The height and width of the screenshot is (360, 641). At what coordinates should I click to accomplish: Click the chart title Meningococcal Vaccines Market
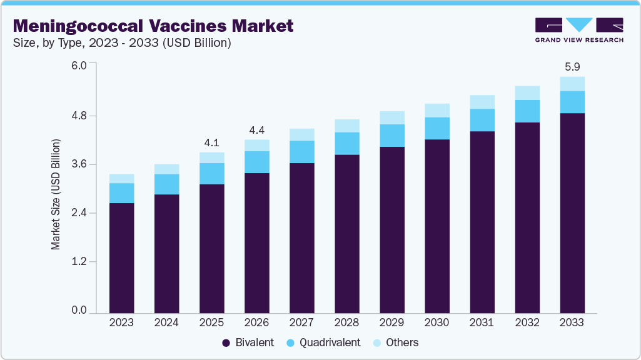coord(153,26)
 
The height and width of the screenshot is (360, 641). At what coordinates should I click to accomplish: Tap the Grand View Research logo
coord(579,29)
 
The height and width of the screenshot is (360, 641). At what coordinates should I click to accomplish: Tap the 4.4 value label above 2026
coord(256,130)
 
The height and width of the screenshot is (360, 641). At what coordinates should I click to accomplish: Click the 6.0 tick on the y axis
coord(79,65)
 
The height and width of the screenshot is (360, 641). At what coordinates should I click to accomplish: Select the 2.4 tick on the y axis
coord(79,213)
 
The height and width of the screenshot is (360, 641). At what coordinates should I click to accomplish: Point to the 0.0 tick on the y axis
coord(79,311)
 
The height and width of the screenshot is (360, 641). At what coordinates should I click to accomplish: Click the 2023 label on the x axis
coord(121,322)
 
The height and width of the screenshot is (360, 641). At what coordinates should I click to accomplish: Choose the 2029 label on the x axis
coord(391,322)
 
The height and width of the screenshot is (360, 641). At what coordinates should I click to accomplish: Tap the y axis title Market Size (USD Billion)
coord(56,195)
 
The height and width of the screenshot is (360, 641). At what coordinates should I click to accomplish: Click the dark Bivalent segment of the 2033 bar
coord(572,212)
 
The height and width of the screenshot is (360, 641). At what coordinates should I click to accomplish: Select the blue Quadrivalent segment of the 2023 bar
coord(121,193)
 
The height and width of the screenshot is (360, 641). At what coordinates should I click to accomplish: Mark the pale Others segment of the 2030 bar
coord(437,110)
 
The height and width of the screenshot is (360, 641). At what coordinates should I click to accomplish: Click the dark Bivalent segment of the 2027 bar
coord(301,237)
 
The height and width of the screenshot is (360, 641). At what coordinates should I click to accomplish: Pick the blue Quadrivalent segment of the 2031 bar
coord(482,120)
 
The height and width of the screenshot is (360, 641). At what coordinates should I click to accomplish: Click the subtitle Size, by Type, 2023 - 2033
coord(123,43)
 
